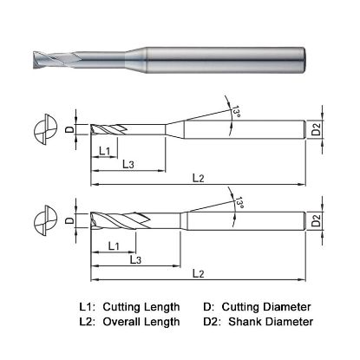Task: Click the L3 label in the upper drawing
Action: (x=127, y=164)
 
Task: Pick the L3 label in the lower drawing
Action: (x=136, y=259)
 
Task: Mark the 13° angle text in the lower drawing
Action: (x=238, y=203)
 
